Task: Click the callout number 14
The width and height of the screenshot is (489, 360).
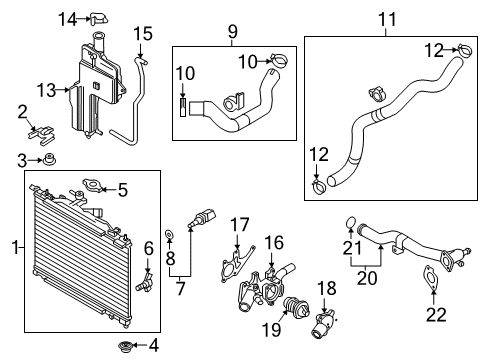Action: (x=67, y=18)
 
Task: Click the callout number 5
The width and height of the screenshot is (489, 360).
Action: (x=123, y=189)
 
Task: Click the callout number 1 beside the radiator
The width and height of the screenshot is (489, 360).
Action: (x=13, y=245)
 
